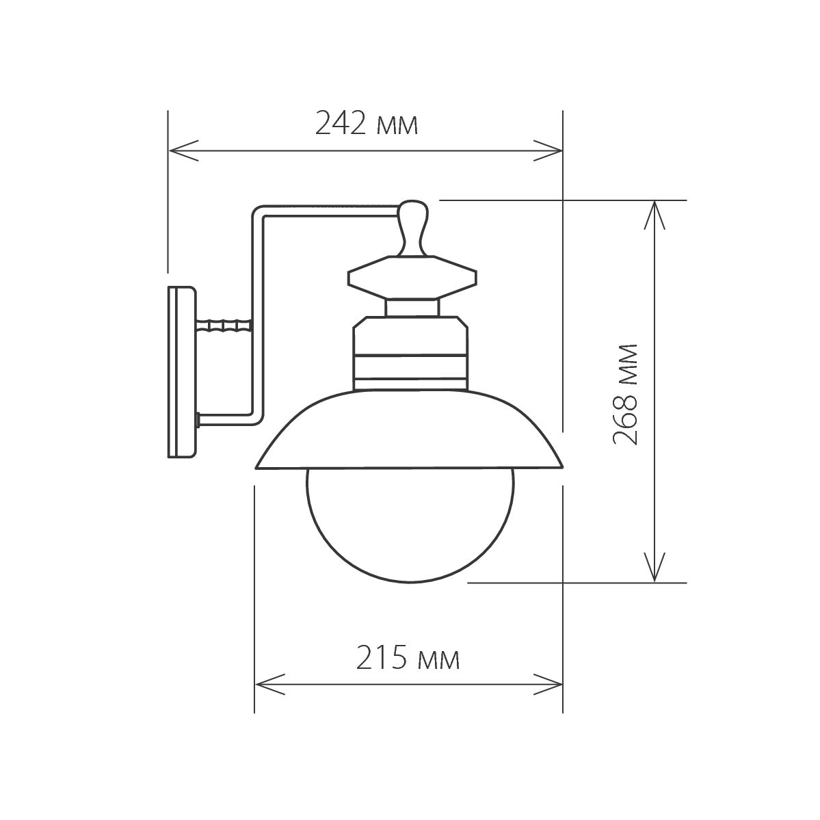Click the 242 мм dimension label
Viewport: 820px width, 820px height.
(366, 124)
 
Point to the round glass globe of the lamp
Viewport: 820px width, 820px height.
(410, 523)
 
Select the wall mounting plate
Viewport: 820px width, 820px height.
(181, 372)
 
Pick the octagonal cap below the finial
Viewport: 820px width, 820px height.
(412, 278)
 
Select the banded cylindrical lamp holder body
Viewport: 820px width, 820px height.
(411, 352)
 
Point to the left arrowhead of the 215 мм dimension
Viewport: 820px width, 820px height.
(268, 683)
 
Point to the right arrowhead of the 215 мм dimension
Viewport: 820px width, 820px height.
(551, 683)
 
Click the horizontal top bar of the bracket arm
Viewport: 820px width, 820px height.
(328, 209)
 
